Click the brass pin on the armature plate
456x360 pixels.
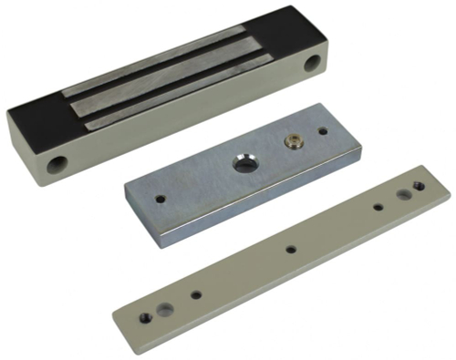coord(294,141)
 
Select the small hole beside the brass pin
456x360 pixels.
coord(321,131)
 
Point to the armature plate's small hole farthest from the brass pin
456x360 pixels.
coord(161,197)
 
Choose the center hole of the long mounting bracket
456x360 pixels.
coord(290,248)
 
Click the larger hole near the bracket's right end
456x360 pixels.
coord(402,194)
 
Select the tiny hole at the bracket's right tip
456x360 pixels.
coord(419,186)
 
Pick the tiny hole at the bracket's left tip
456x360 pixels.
coord(145,317)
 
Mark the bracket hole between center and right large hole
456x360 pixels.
coord(378,207)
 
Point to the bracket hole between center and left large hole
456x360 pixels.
coord(195,294)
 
